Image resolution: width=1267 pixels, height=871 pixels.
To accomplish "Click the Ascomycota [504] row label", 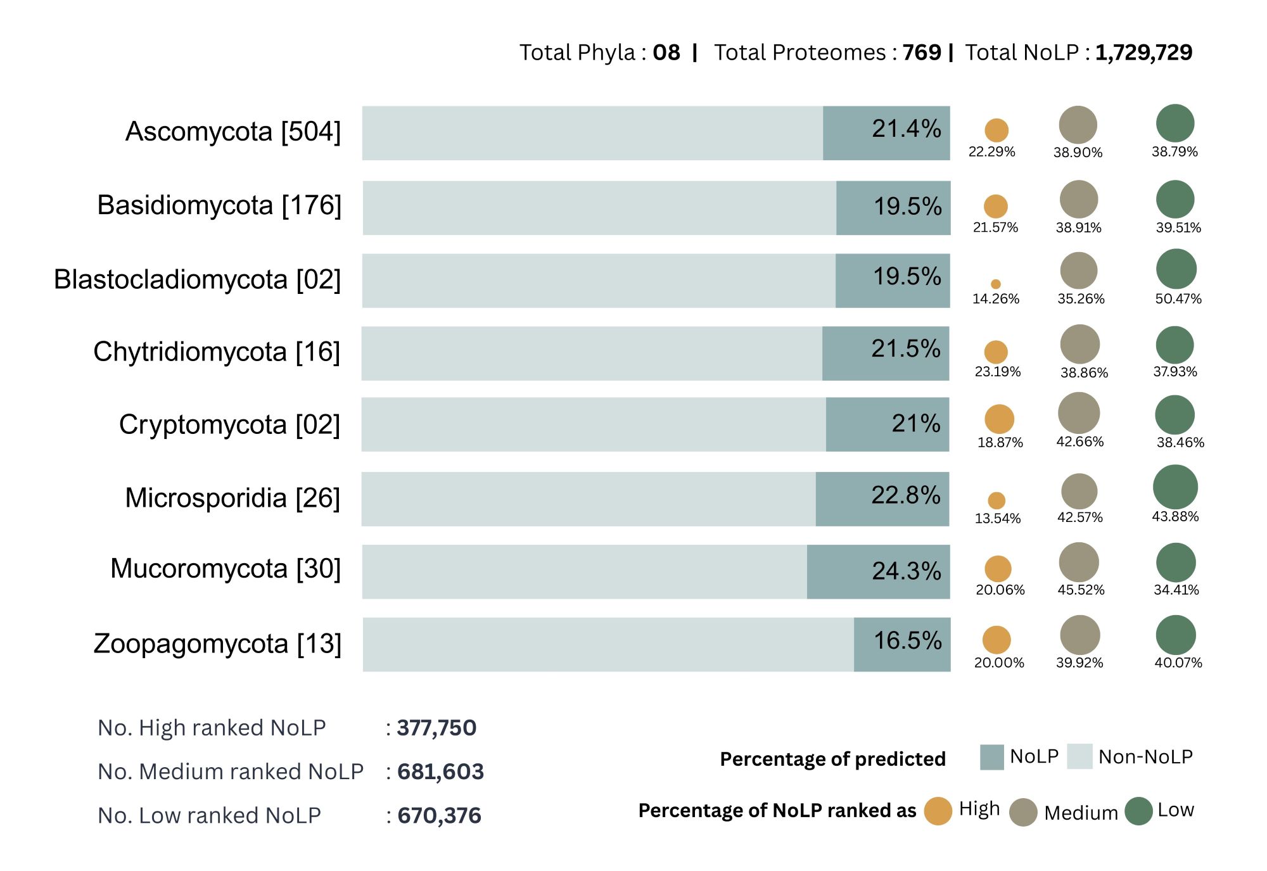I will coord(233,132).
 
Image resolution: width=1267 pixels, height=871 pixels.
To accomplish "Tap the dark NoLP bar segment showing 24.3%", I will coord(878,571).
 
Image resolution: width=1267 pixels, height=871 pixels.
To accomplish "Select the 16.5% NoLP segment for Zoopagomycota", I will coord(902,644).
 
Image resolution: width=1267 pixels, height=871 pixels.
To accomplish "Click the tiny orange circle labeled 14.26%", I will coord(996,284).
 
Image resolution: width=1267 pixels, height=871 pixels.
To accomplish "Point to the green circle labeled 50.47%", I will coord(1176,269).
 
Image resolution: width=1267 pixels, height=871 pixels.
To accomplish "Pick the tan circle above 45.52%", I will coord(1078,562).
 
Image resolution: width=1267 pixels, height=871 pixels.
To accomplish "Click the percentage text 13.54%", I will coord(998,518).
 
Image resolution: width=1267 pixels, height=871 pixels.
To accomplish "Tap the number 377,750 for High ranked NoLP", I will coord(436,728).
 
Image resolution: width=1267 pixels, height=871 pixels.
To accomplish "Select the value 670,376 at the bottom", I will coord(439,815).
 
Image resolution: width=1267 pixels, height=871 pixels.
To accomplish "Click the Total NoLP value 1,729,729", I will coord(1143,53).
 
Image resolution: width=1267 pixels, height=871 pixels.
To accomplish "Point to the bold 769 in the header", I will coord(922,53).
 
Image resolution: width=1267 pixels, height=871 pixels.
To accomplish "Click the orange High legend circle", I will coord(938,811).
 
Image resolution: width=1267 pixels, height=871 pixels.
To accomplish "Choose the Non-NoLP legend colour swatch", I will coord(1079,756).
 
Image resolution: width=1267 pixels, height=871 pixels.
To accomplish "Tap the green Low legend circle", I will coord(1138,811).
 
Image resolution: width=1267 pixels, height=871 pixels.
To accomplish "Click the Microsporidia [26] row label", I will coord(232,498).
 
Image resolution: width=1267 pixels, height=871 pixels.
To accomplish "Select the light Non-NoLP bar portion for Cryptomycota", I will coord(594,424).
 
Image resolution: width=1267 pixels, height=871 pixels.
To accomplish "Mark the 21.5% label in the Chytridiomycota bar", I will coord(905,348).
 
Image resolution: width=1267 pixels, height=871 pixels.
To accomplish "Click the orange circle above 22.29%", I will coord(996,130).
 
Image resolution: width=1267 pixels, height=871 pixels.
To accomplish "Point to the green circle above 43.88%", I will coord(1175,487).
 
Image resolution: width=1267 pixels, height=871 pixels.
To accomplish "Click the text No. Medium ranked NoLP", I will coord(231,772).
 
